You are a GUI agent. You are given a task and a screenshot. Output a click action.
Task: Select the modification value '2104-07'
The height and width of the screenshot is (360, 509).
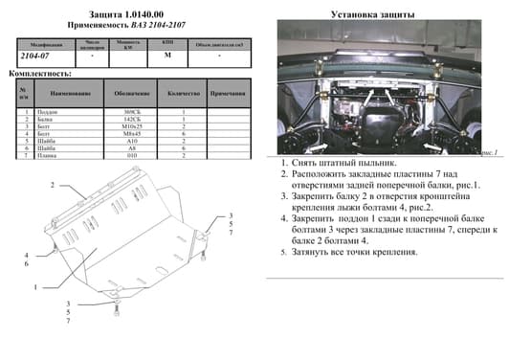click(x=36, y=56)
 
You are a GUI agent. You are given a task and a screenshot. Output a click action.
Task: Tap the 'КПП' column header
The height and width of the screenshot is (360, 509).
click(x=167, y=44)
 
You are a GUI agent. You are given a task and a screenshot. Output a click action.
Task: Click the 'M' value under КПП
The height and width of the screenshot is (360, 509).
click(x=167, y=56)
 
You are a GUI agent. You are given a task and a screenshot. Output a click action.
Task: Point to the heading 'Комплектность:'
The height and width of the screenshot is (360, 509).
click(x=36, y=73)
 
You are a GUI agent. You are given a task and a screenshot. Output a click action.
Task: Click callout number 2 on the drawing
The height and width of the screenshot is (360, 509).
click(x=55, y=184)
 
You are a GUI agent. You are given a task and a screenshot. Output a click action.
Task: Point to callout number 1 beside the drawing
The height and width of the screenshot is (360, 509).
click(x=34, y=288)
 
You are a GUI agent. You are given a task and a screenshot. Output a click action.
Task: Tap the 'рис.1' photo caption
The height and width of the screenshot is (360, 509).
click(x=489, y=151)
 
